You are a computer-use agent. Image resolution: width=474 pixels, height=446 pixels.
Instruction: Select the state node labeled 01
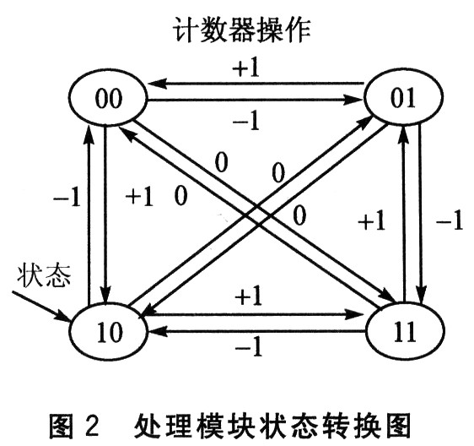click(403, 97)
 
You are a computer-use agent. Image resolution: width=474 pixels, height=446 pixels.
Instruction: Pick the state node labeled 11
click(405, 330)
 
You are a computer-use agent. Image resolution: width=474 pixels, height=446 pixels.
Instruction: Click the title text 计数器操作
click(242, 30)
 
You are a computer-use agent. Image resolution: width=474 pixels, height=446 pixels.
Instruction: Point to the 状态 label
click(44, 275)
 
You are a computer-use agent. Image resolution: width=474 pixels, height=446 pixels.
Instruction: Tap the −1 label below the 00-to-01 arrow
click(245, 120)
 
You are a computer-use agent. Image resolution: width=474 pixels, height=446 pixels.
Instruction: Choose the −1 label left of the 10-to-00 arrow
click(67, 198)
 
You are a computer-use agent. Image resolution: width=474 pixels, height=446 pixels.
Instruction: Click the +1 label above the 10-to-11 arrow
click(248, 296)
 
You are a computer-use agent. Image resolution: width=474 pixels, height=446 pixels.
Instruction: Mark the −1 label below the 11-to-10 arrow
click(248, 346)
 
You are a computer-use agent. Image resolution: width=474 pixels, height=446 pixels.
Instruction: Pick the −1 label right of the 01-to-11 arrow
click(450, 220)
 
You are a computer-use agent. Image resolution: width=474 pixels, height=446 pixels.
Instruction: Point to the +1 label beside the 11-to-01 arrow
click(371, 220)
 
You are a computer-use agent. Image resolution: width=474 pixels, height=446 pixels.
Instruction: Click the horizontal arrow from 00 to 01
click(255, 100)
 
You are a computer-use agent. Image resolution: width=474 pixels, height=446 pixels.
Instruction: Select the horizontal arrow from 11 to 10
click(256, 331)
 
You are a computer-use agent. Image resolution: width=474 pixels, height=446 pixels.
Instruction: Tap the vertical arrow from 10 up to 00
click(89, 215)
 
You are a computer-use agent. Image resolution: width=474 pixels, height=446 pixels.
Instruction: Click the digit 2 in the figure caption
click(89, 425)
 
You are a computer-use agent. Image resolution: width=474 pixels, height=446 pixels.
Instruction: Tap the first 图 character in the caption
click(62, 425)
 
